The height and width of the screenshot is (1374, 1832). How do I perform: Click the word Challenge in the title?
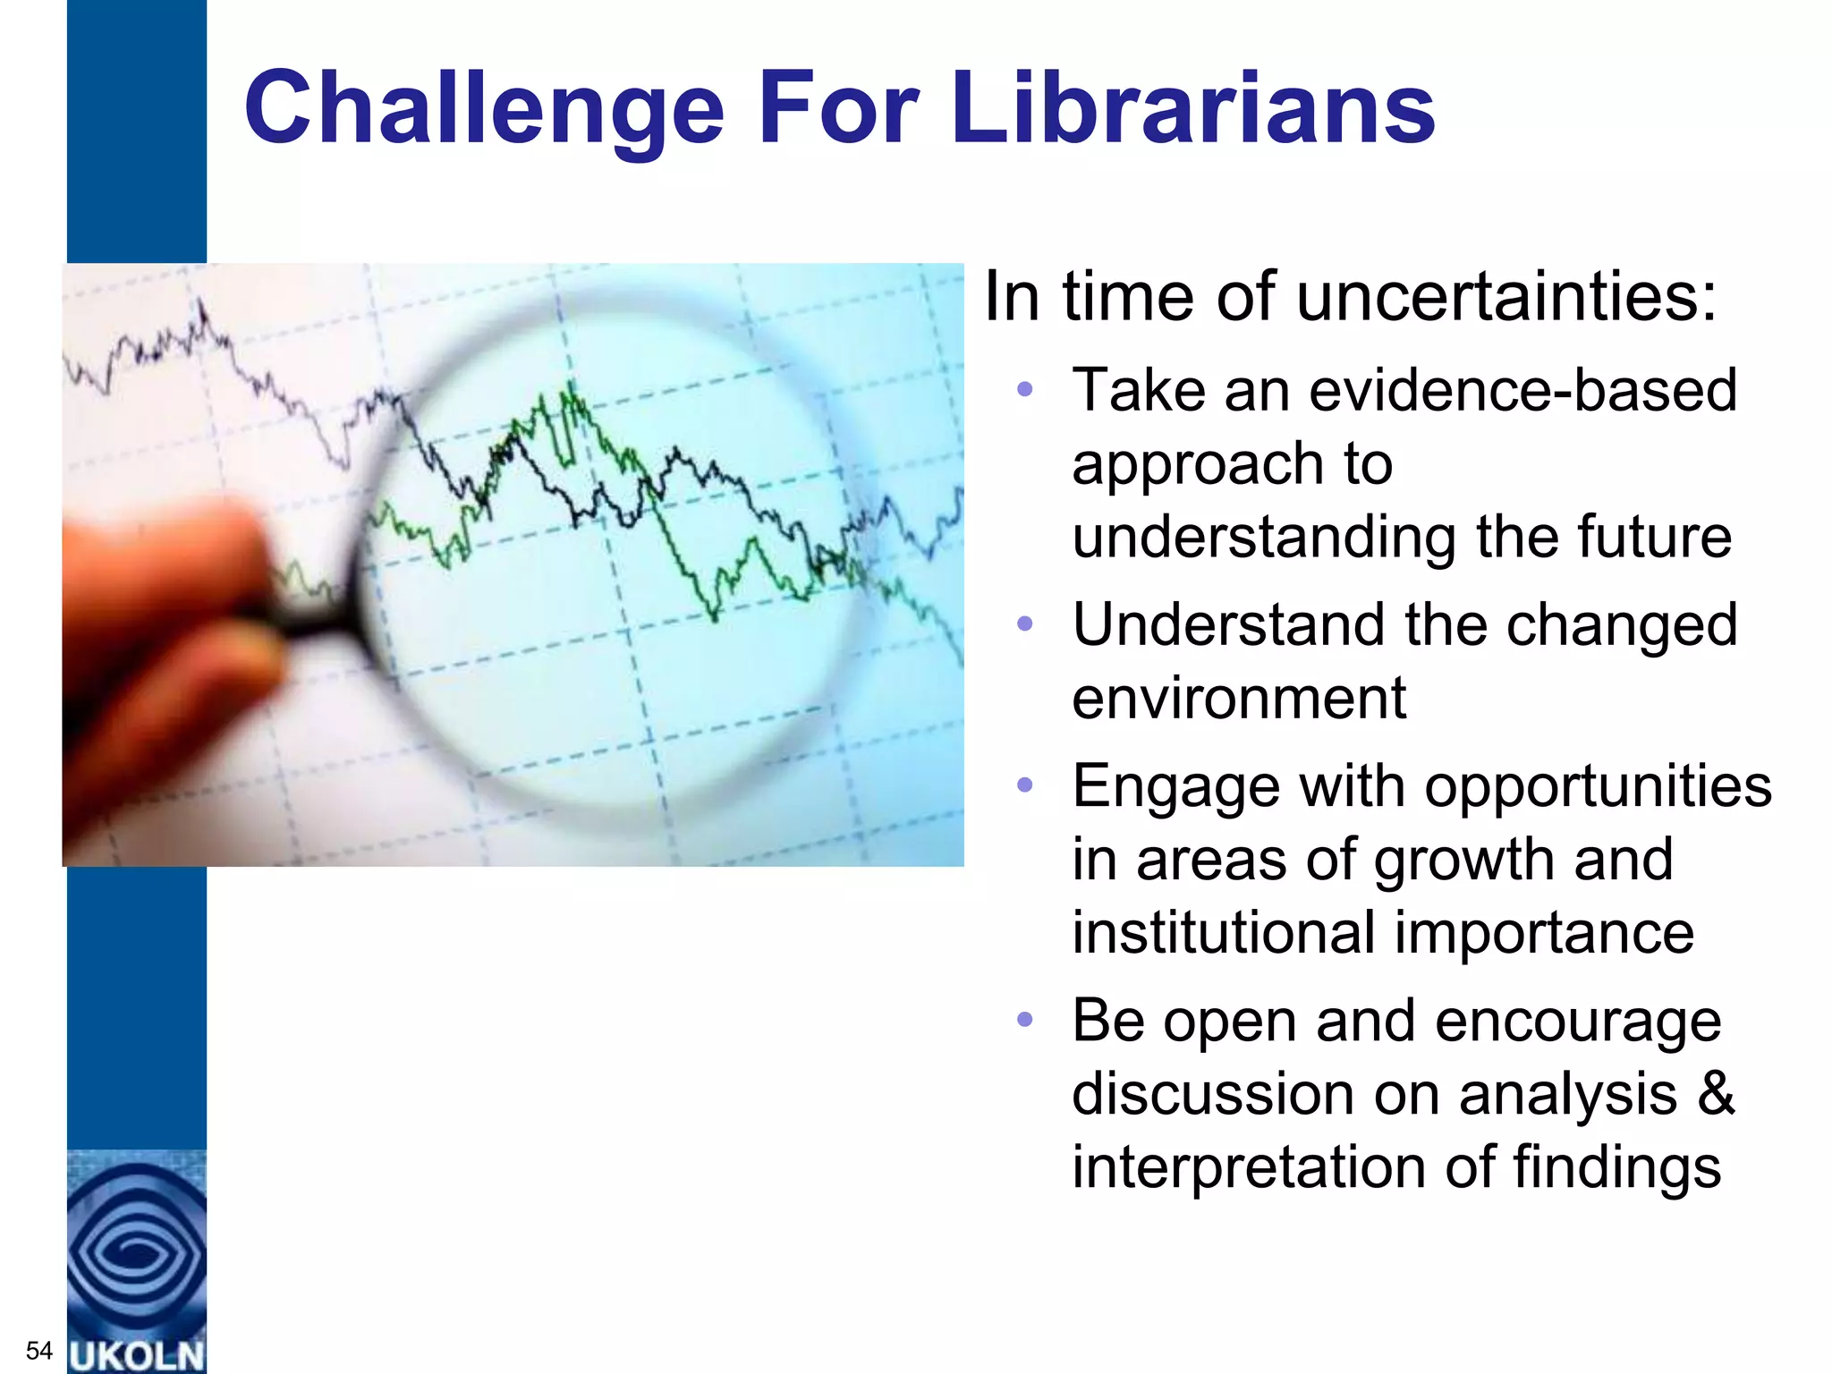tap(483, 109)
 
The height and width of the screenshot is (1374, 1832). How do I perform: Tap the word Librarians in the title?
tap(1193, 109)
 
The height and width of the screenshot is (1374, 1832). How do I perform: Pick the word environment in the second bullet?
tap(1239, 699)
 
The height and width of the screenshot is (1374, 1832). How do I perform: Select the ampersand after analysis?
tap(1715, 1095)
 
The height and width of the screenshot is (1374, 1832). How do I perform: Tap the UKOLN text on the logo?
tap(137, 1355)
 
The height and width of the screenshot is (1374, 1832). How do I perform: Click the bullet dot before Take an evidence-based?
tap(1025, 390)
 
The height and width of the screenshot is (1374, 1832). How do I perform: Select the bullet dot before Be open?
tap(1025, 1020)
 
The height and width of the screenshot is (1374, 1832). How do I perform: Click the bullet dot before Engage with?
tap(1025, 786)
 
